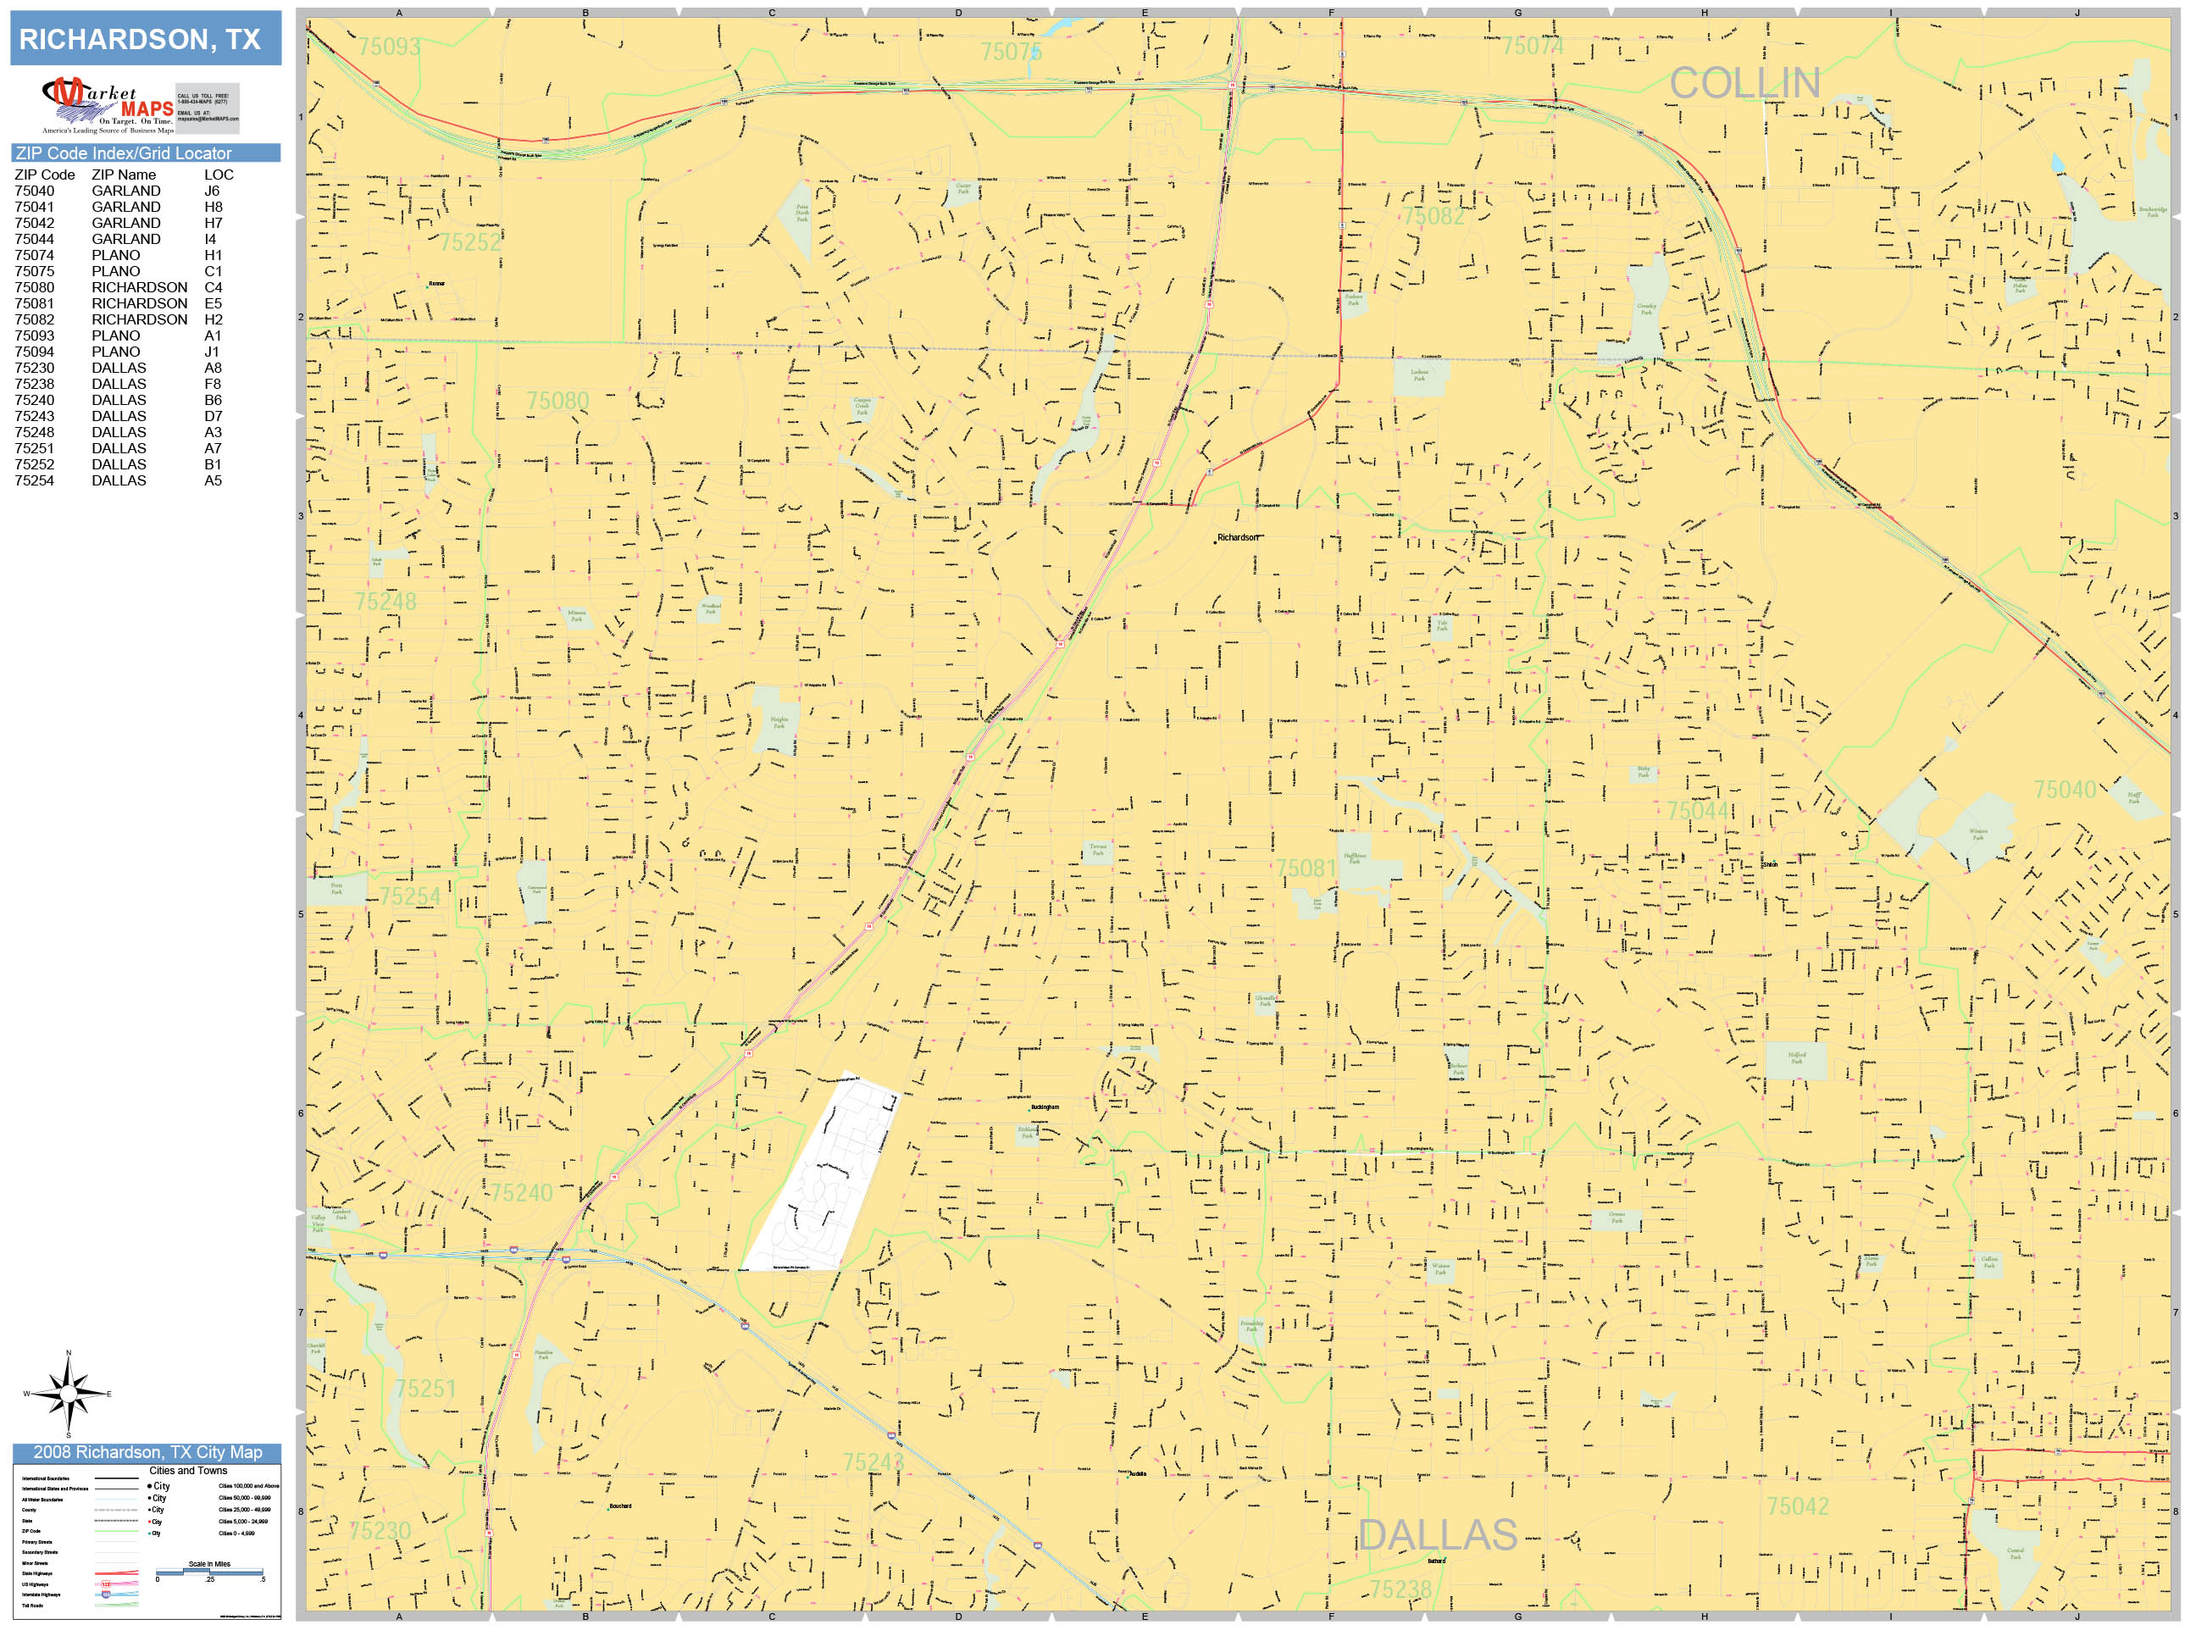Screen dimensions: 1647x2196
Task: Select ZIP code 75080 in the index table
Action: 35,287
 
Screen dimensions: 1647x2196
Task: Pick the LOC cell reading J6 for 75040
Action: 212,191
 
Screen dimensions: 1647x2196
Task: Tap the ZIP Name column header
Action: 123,175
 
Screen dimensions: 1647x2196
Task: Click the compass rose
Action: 69,1394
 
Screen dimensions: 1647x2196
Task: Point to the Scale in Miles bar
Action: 209,1572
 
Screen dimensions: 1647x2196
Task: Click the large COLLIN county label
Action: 1744,83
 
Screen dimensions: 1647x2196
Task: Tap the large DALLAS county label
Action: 1437,1535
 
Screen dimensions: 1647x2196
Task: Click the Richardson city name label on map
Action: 1238,537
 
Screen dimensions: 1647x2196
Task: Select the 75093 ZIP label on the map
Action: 388,47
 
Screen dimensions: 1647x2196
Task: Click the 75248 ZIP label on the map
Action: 385,602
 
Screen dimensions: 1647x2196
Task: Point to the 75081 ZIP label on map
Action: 1306,868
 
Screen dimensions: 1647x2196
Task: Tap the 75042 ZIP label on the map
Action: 1797,1506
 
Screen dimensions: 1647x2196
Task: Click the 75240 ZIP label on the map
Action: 521,1192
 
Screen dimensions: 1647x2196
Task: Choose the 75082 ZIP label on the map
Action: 1433,216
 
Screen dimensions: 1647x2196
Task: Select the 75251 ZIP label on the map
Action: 425,1388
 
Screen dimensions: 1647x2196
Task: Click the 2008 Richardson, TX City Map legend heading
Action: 147,1452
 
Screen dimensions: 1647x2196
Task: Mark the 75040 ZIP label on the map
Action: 2064,790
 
